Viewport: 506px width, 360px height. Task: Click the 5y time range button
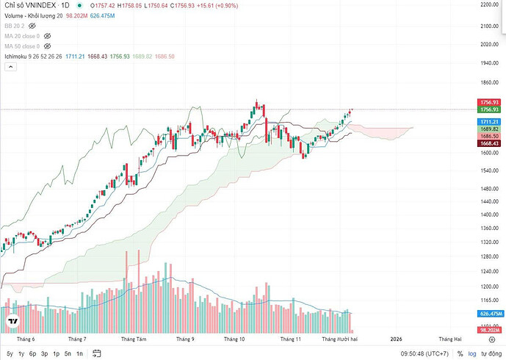(x=10, y=353)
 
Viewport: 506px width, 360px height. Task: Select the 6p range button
(x=32, y=353)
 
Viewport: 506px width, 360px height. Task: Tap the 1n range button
(x=79, y=353)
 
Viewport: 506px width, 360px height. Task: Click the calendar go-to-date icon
(x=95, y=353)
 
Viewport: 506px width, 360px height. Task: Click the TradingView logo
(x=12, y=322)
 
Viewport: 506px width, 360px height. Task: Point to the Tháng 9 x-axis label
(x=185, y=339)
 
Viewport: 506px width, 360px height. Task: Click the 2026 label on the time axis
(x=396, y=339)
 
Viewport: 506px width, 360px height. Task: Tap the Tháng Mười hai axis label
(x=340, y=339)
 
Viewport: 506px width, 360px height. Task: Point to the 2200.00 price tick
(x=489, y=5)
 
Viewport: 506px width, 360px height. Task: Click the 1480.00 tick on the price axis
(x=489, y=189)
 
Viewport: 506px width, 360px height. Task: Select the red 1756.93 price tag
(x=489, y=102)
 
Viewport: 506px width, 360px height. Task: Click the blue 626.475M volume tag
(x=489, y=313)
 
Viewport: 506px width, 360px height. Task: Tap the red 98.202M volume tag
(x=489, y=330)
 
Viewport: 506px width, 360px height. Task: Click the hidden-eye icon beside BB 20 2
(x=32, y=25)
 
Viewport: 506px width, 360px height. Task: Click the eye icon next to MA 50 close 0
(x=48, y=46)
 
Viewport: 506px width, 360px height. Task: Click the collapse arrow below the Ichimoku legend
(x=10, y=67)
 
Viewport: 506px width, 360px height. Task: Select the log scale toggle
(x=473, y=353)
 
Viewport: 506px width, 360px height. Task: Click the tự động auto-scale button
(x=492, y=353)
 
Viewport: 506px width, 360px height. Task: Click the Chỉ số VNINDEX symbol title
(x=32, y=5)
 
